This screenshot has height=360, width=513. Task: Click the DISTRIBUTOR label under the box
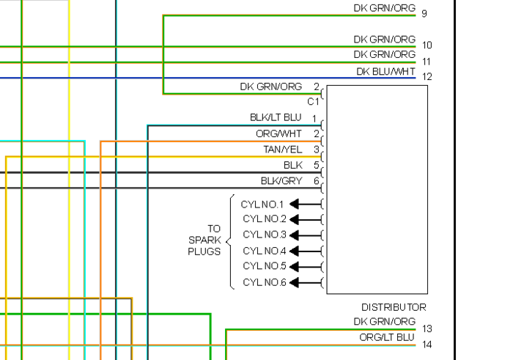tap(394, 307)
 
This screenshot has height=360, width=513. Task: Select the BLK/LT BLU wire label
tap(276, 117)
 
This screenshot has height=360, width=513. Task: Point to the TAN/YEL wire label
tap(283, 150)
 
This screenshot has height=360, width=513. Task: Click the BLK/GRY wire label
tap(281, 181)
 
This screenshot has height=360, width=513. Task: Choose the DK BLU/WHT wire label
tap(385, 71)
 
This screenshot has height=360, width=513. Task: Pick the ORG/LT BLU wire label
tap(387, 337)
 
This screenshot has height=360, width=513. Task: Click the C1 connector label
tap(314, 101)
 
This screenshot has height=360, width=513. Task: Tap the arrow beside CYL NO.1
tap(309, 204)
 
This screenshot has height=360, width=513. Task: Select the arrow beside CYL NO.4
tap(309, 251)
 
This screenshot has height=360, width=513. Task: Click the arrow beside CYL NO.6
tap(309, 283)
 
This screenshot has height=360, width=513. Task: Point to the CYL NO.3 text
tap(265, 235)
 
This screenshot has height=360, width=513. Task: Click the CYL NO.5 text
tap(265, 266)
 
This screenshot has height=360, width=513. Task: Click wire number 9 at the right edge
tap(424, 13)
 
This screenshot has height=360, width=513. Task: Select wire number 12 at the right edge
tap(427, 76)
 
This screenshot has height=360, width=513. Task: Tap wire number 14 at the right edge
tap(427, 344)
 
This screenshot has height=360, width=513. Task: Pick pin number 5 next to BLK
tap(317, 165)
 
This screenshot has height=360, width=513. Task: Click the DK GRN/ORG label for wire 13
tap(384, 321)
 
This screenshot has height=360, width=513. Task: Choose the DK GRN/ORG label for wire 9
tap(384, 8)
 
